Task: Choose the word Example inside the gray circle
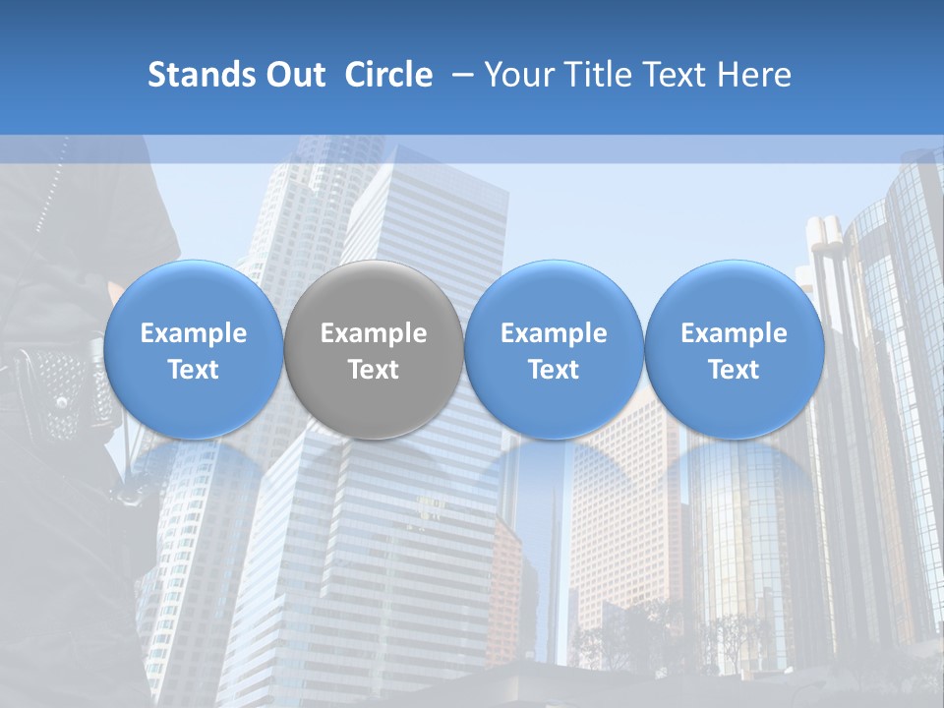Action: coord(374,333)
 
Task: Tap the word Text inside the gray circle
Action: coord(374,370)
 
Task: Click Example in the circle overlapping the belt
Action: coord(193,333)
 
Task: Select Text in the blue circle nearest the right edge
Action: coord(734,370)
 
